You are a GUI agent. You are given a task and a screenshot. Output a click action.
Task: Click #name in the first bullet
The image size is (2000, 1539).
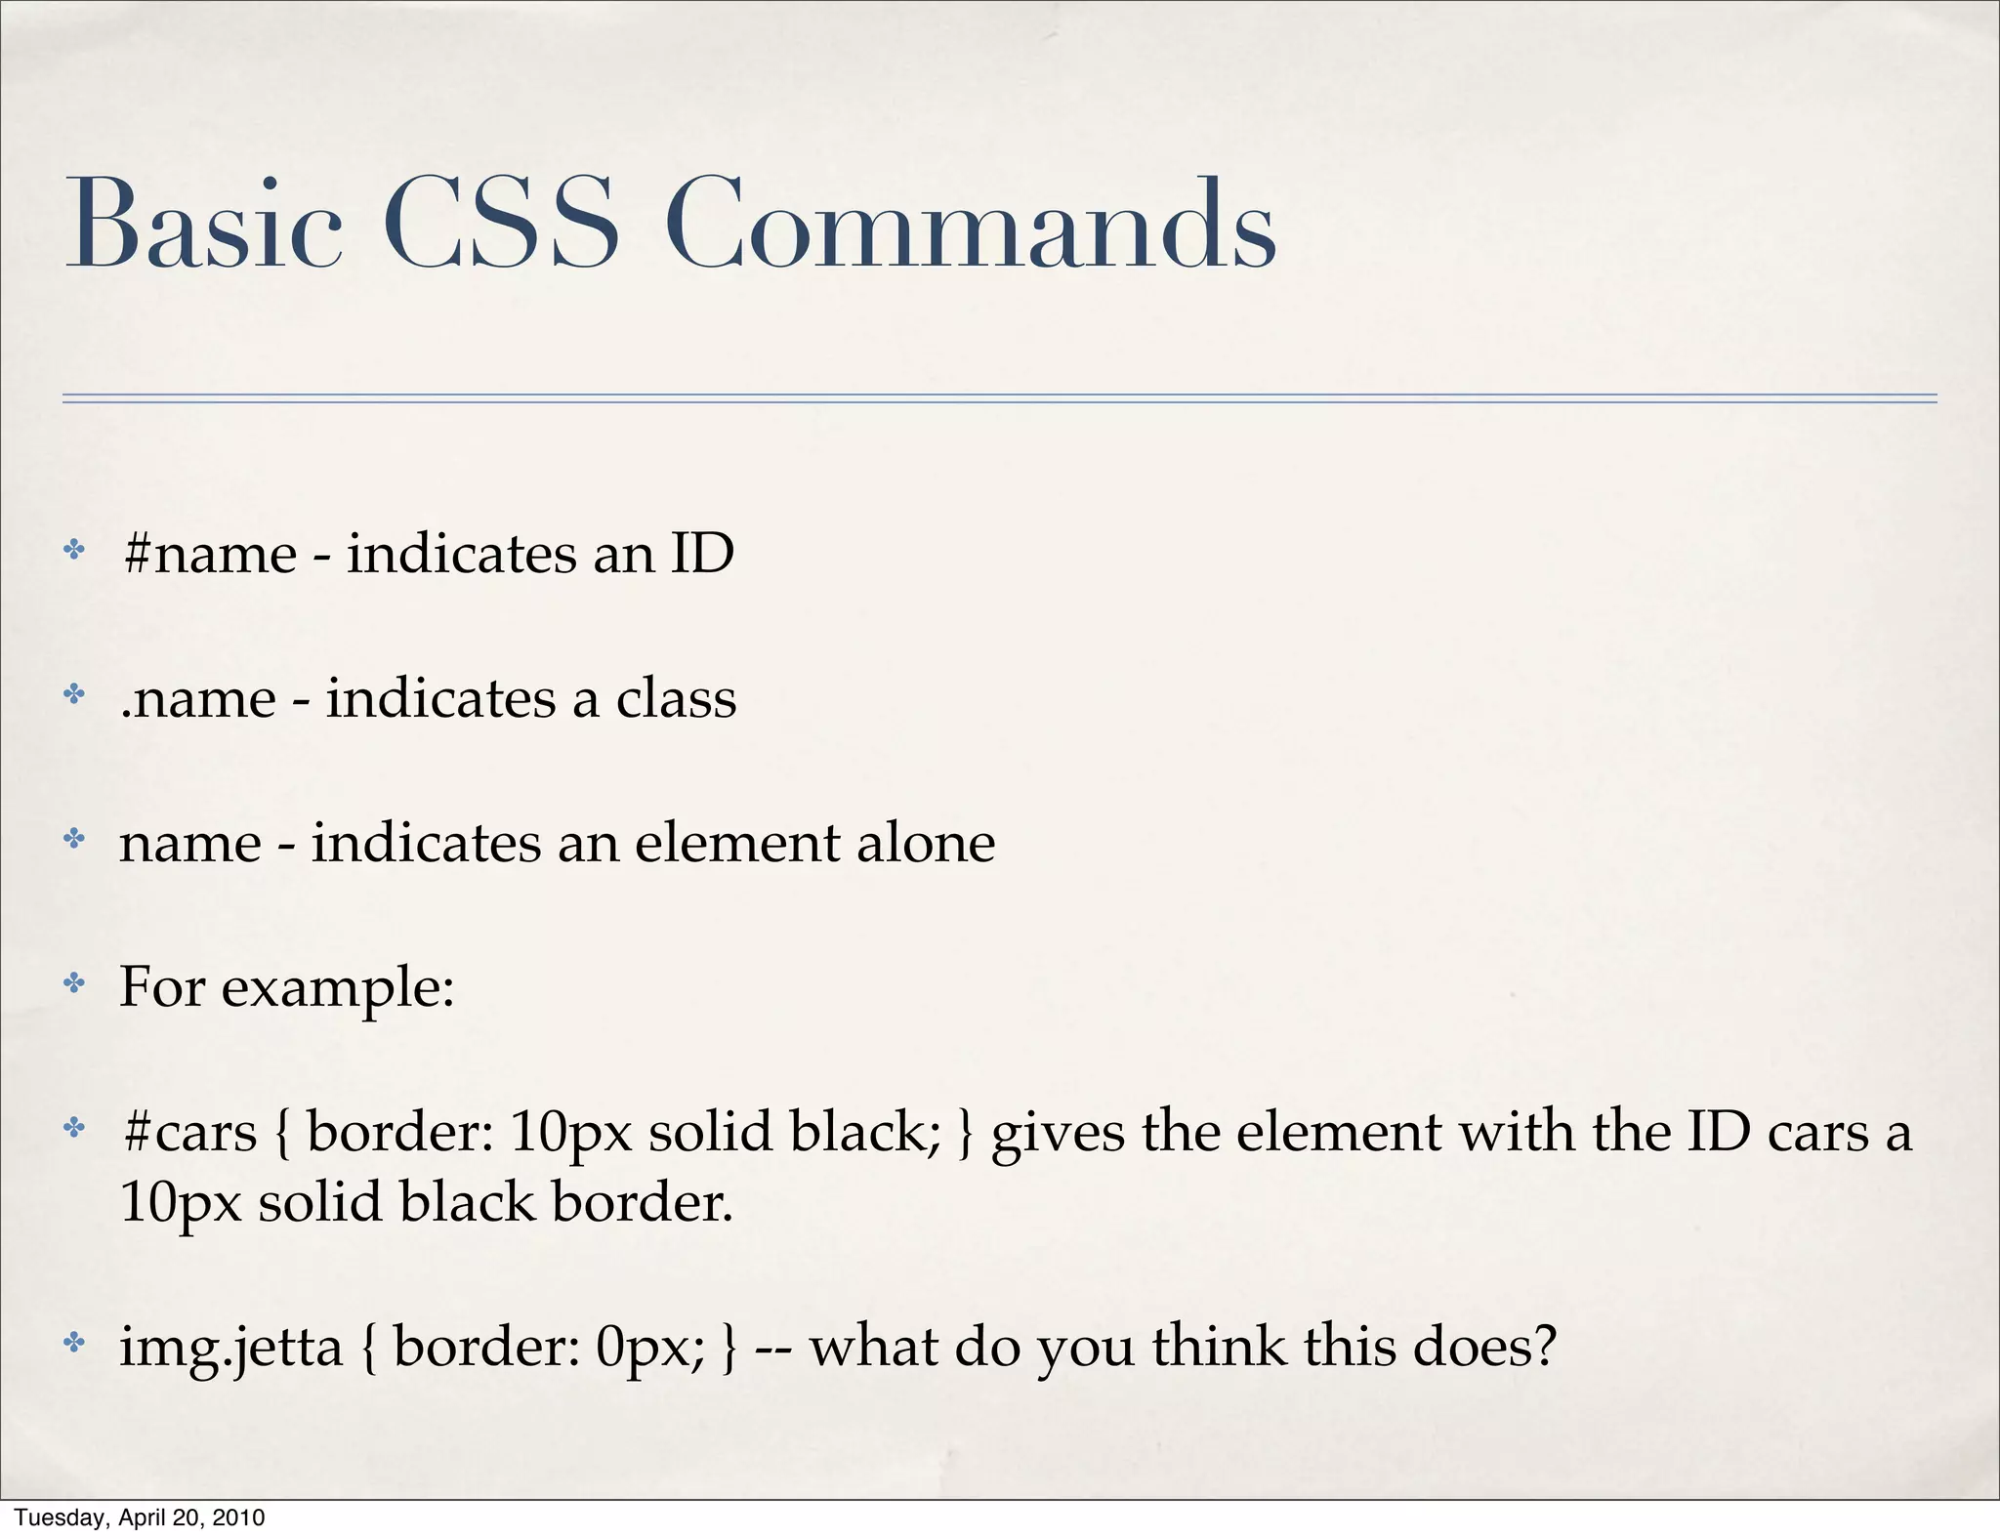[x=210, y=555]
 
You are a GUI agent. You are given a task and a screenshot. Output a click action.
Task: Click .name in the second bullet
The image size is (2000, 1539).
[x=198, y=699]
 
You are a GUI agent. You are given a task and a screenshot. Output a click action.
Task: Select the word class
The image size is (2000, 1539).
[x=676, y=698]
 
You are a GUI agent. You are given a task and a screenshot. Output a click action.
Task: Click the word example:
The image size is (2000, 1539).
[x=338, y=988]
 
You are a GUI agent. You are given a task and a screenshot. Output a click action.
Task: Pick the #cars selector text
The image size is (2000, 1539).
[x=190, y=1132]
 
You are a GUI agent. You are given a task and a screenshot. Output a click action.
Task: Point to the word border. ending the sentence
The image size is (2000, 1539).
[x=642, y=1202]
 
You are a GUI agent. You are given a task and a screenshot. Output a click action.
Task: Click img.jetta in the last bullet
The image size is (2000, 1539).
[x=231, y=1348]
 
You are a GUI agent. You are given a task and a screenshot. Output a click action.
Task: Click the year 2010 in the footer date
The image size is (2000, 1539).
[x=240, y=1518]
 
